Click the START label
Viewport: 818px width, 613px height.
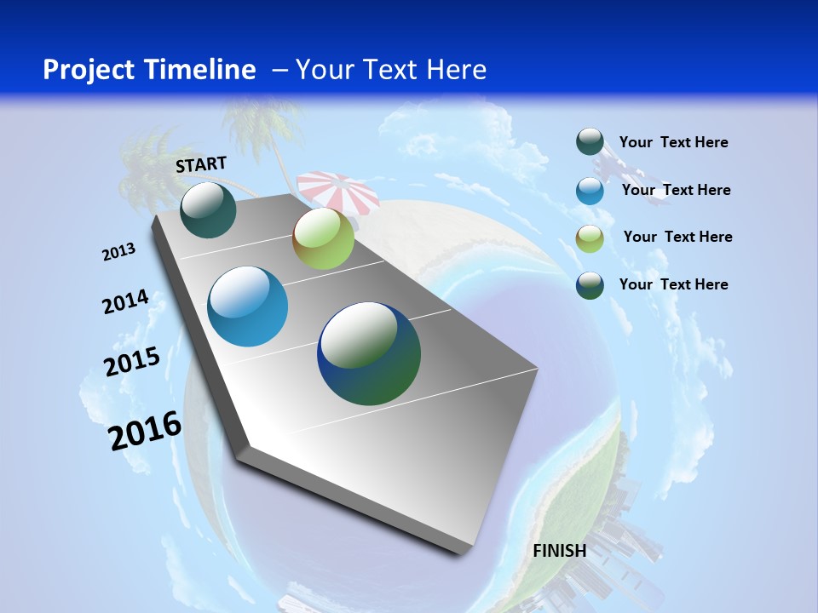[201, 164]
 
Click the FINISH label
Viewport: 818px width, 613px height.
[559, 551]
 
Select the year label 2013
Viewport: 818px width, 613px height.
[119, 252]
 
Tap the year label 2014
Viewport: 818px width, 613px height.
[125, 302]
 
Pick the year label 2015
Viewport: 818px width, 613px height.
[132, 362]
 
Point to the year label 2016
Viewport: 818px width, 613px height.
[145, 431]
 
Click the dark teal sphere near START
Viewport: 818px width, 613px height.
[208, 209]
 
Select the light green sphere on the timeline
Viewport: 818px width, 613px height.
[323, 238]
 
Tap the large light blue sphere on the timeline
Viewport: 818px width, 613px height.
[247, 306]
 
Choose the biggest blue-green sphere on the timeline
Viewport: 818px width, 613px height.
[369, 353]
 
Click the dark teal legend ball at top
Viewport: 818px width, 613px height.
[590, 142]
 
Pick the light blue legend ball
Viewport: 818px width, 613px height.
[590, 191]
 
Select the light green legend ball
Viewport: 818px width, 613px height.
[590, 238]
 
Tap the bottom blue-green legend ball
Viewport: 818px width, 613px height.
[590, 285]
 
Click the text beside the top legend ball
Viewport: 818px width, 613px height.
[673, 143]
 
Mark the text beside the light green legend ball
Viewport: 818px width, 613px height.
[677, 237]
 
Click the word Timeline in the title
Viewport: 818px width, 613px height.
[201, 70]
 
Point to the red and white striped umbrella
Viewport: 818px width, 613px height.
[339, 189]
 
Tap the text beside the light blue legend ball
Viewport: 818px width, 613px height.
[676, 190]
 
